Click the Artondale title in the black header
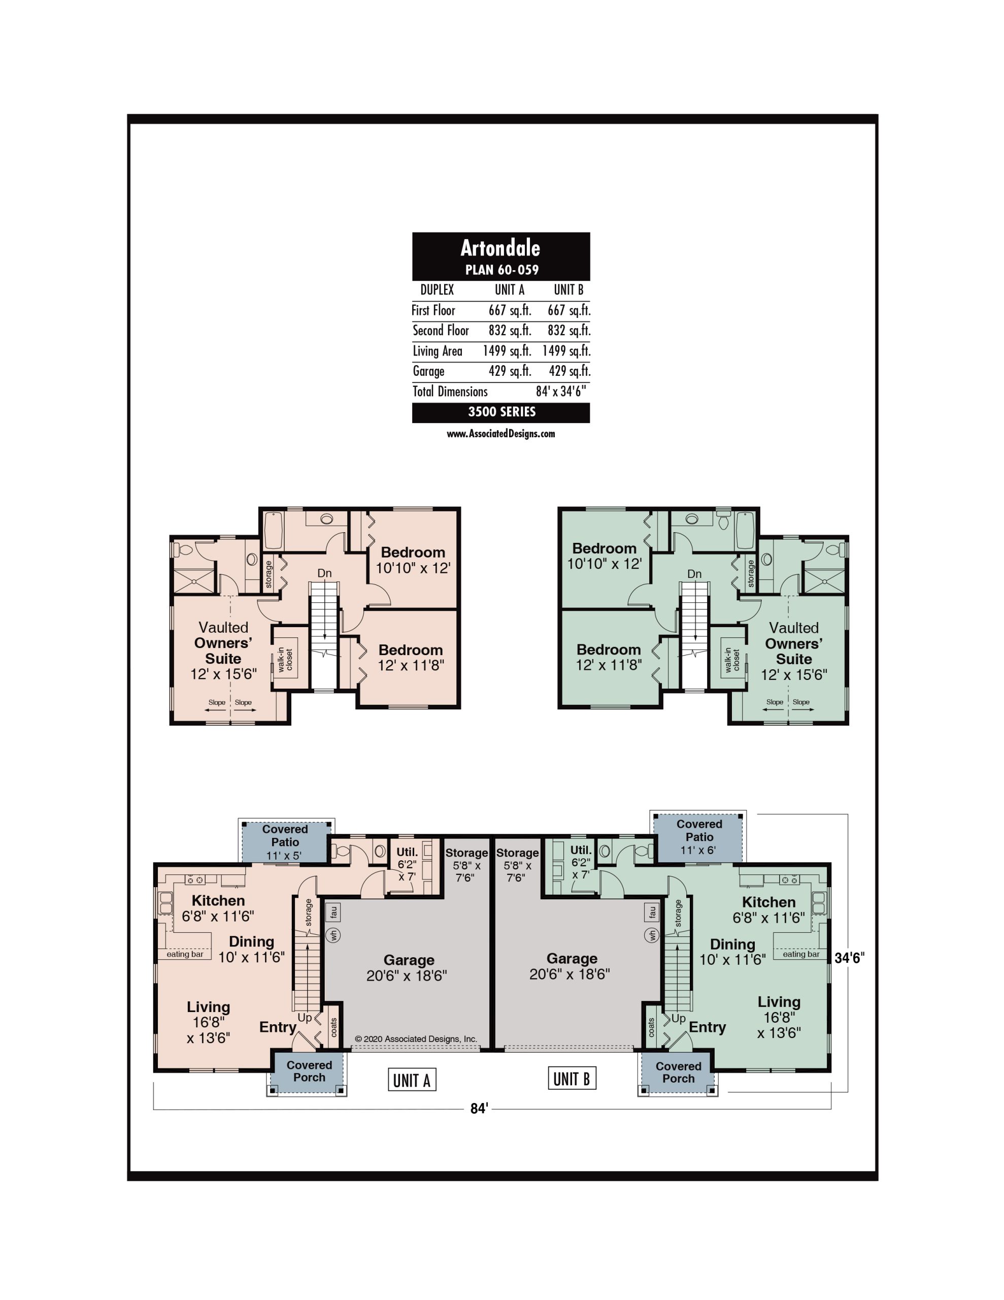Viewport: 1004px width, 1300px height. (x=500, y=248)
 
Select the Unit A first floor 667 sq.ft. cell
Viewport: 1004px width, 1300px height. (x=510, y=310)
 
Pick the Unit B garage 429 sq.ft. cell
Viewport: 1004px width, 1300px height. (x=569, y=371)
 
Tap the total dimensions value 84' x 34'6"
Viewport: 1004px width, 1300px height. (x=560, y=391)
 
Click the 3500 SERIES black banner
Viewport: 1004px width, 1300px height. (x=501, y=412)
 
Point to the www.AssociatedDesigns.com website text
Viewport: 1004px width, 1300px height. (x=500, y=434)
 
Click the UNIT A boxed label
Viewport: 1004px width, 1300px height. (x=412, y=1080)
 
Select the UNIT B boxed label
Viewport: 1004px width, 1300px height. (x=572, y=1078)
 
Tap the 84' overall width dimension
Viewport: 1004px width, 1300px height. (x=479, y=1109)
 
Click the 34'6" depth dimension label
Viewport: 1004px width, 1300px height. (x=849, y=958)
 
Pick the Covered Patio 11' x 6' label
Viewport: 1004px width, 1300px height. (x=699, y=837)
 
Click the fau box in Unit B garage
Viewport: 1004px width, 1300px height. (x=652, y=912)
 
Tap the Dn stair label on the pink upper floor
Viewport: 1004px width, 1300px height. (x=324, y=573)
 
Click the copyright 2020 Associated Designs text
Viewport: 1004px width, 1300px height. (x=416, y=1038)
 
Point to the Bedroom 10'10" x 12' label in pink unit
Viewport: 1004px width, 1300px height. (x=413, y=560)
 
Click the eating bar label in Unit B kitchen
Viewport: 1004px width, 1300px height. (x=801, y=954)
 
